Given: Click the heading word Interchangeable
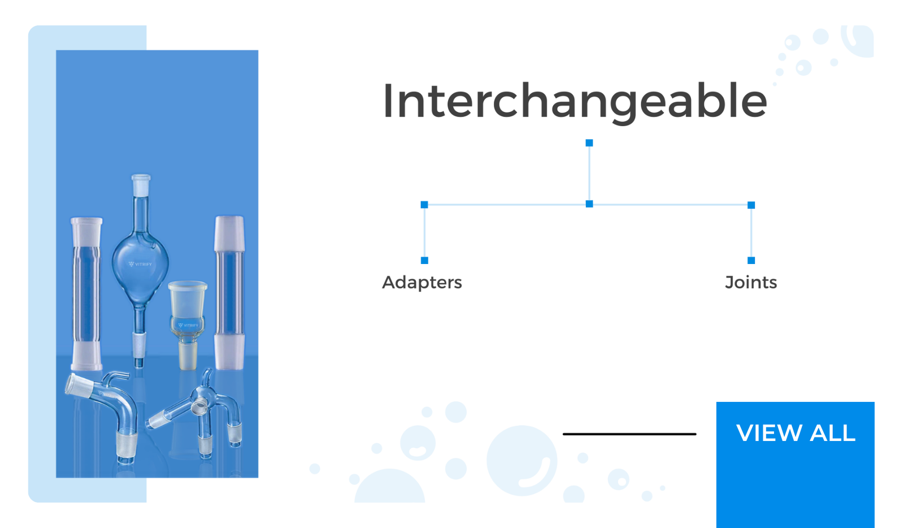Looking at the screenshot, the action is click(x=575, y=101).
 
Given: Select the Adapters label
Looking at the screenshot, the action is click(x=421, y=283).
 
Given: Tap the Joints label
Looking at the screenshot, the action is click(x=751, y=283).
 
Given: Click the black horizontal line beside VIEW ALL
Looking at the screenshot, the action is click(x=629, y=434).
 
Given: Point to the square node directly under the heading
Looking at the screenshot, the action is click(x=589, y=143).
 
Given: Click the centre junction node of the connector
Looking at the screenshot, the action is click(x=589, y=204).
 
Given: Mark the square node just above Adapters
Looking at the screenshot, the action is click(x=424, y=261).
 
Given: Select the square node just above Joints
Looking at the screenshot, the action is click(x=751, y=261).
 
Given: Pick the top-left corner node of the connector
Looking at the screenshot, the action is click(x=424, y=205).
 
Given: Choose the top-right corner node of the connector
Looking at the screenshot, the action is click(x=751, y=205).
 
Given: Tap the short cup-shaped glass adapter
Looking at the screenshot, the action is click(x=188, y=323).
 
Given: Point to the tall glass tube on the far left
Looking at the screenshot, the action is click(x=86, y=293).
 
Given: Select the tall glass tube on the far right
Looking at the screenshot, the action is click(x=229, y=292).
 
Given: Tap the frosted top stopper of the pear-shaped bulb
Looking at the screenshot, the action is click(x=141, y=185).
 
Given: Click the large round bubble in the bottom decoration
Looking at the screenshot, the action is click(x=522, y=461).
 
